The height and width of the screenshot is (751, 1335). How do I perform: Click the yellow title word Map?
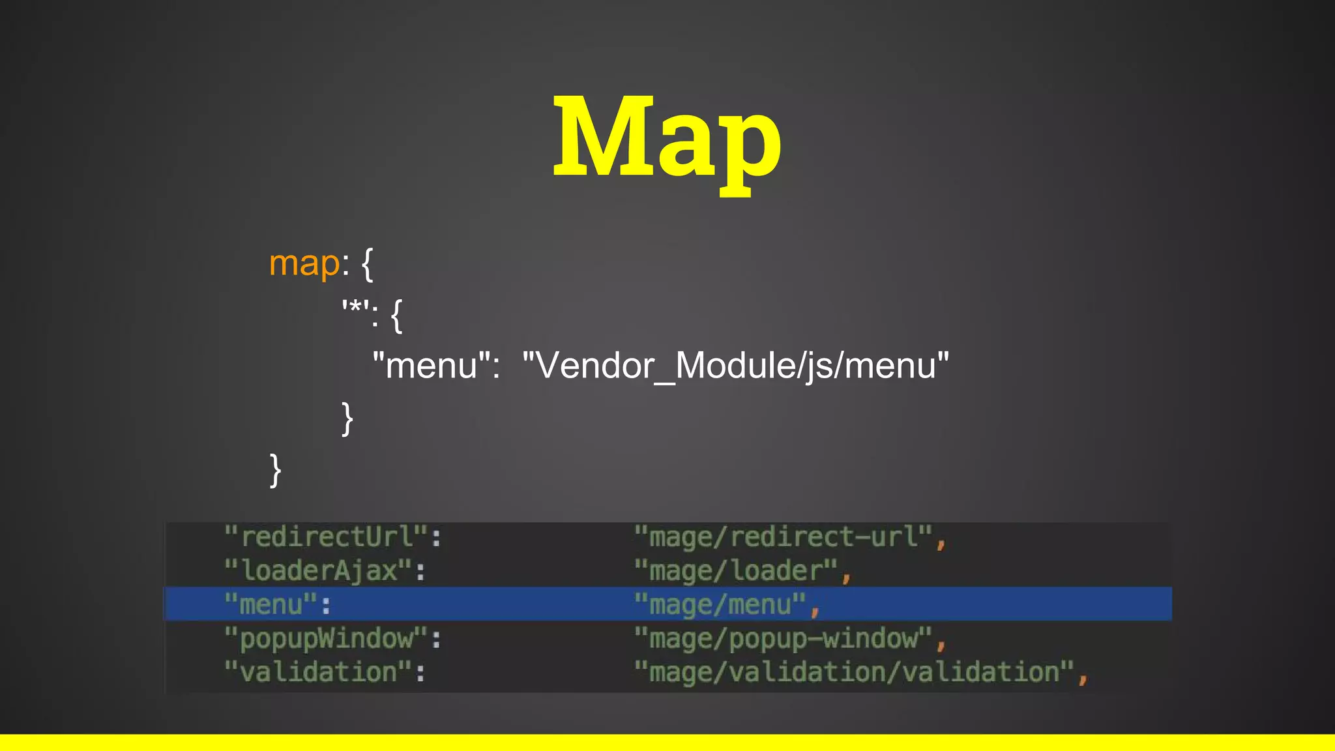tap(667, 140)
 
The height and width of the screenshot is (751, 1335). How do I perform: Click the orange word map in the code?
tap(304, 264)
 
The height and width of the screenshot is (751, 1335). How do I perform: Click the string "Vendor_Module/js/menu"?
tap(735, 365)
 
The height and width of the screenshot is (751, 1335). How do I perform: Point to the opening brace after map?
tap(368, 264)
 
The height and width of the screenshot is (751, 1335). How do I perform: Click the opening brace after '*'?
tap(396, 316)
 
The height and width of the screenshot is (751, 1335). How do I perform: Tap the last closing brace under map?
tap(276, 470)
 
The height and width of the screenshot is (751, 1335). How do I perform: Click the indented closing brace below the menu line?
tap(347, 418)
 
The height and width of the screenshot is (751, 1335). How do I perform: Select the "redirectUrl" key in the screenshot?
tap(327, 537)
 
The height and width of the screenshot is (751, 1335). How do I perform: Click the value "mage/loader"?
tap(736, 571)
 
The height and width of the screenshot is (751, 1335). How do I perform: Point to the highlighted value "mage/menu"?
tap(720, 604)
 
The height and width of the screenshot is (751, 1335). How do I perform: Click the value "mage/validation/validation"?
tap(854, 672)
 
